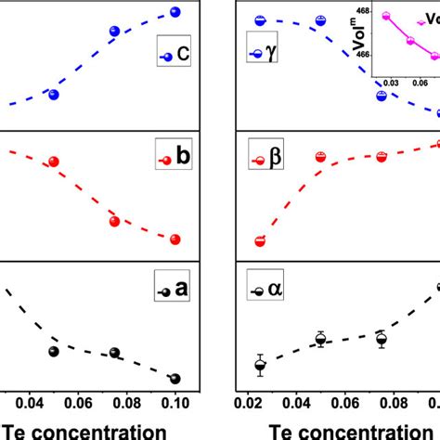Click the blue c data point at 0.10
tap(175, 12)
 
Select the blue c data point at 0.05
tap(54, 95)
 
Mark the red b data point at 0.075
tap(114, 221)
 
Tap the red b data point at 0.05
tap(54, 162)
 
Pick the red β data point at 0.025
tap(260, 241)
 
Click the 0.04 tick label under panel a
tap(30, 404)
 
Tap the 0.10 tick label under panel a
tap(175, 404)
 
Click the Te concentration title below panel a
tap(87, 430)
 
